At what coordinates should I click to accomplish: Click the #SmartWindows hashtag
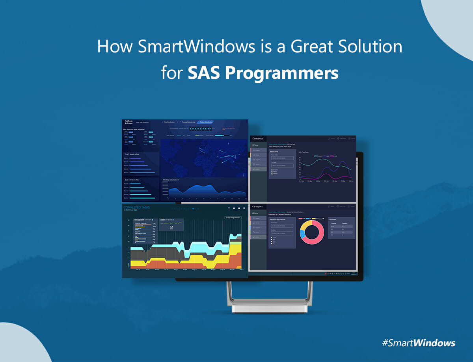[x=418, y=342]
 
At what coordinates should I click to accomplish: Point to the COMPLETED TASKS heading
[x=136, y=207]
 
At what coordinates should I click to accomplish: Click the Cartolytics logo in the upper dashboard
[x=258, y=138]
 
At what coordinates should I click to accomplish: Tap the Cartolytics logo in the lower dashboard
[x=258, y=206]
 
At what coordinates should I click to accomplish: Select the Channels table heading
[x=333, y=219]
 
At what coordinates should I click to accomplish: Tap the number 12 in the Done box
[x=171, y=227]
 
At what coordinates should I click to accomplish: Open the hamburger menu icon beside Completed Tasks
[x=244, y=208]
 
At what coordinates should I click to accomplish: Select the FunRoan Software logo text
[x=130, y=122]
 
